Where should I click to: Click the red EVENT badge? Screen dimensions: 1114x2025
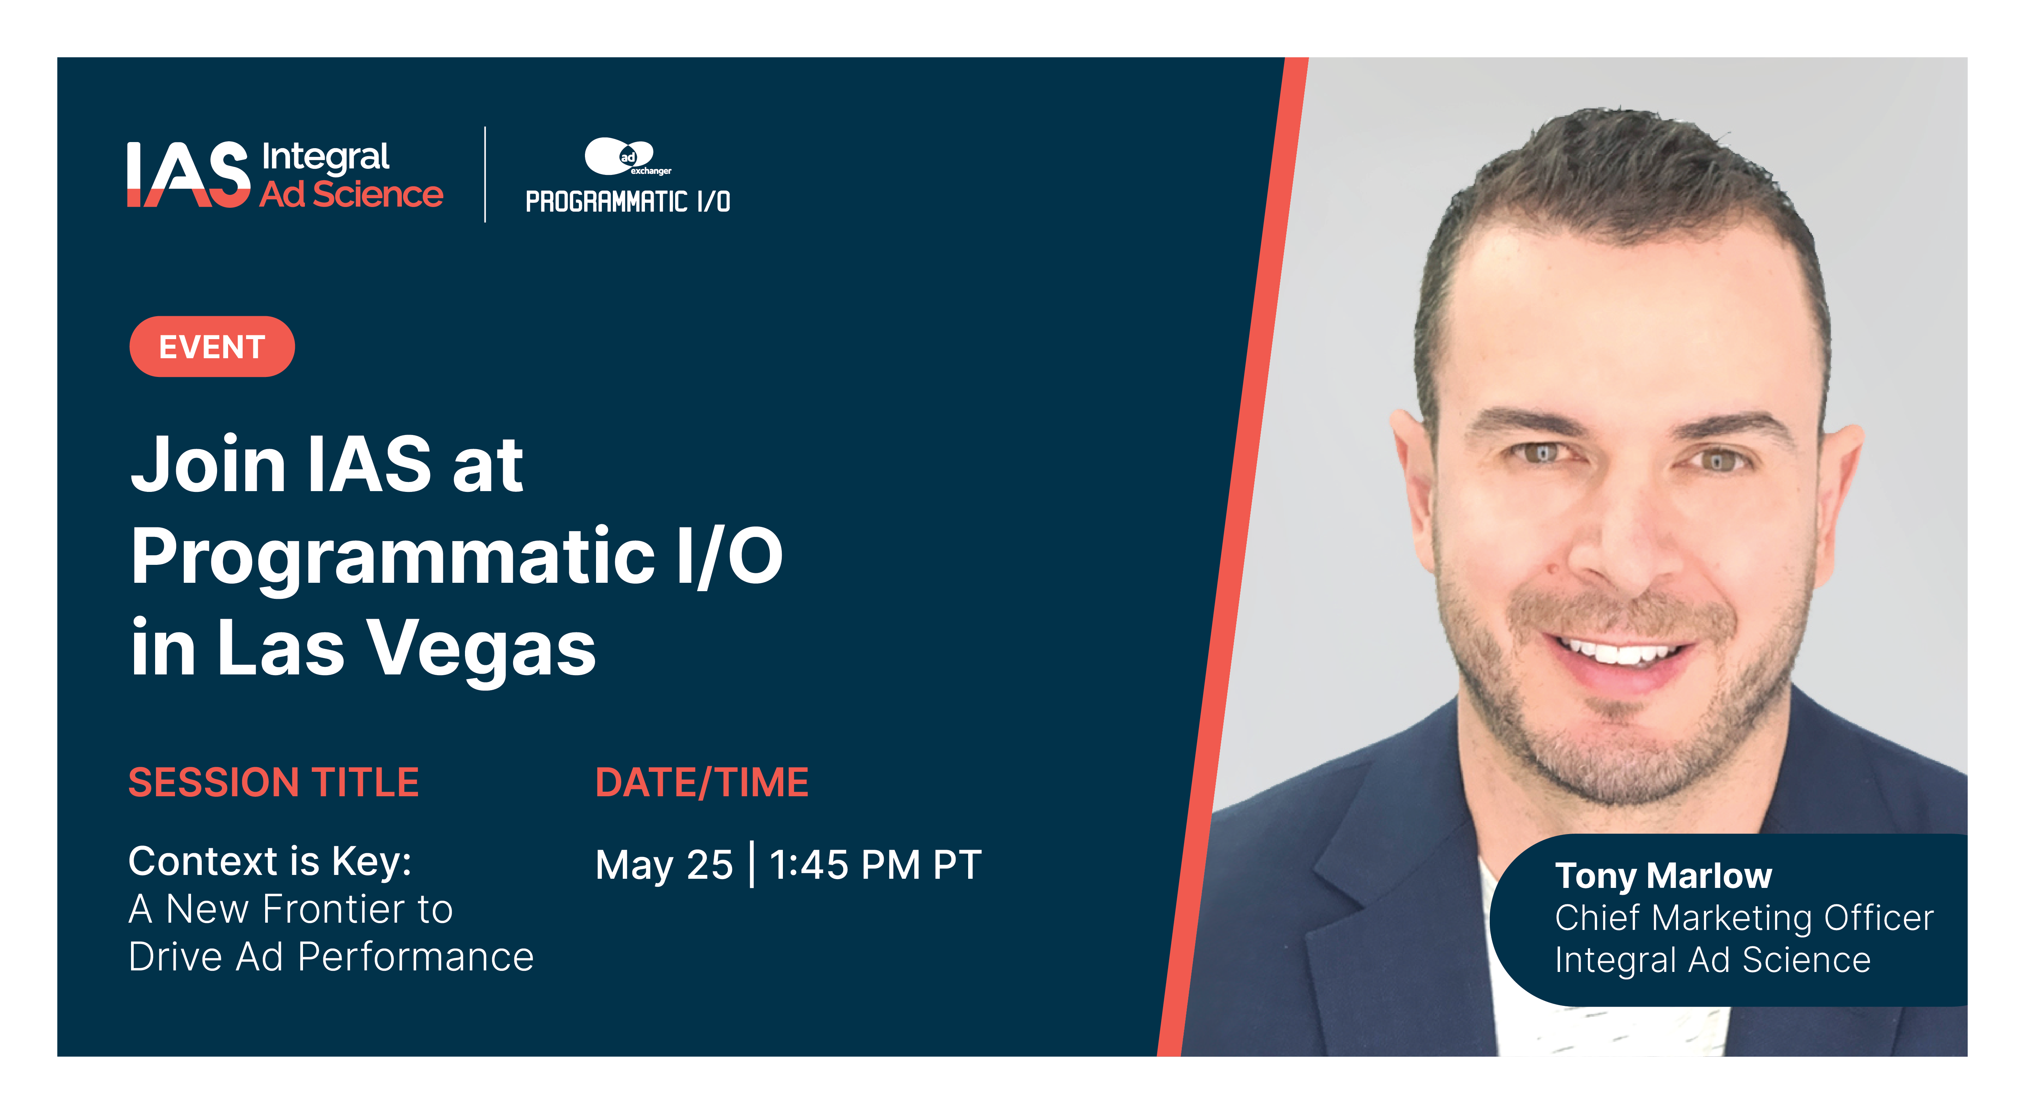click(211, 346)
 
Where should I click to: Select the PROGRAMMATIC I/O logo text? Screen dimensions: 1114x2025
click(627, 202)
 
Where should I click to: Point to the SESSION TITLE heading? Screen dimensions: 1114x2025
click(274, 783)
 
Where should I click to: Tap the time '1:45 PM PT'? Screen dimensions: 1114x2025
click(875, 865)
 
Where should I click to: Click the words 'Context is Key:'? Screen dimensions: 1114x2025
click(270, 861)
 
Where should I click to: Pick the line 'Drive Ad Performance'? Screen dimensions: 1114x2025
click(331, 957)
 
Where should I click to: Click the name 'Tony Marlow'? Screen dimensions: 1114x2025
click(1663, 875)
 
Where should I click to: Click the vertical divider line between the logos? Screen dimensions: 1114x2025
click(485, 175)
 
